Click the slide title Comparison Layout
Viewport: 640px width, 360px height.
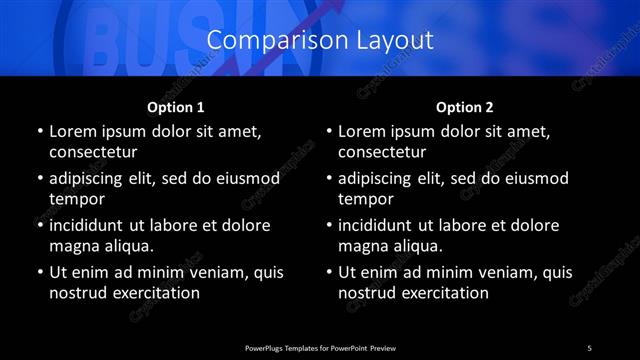point(320,40)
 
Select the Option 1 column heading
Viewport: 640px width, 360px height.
point(176,107)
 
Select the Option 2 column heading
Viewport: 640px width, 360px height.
point(465,107)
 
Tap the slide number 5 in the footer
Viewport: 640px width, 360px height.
point(589,347)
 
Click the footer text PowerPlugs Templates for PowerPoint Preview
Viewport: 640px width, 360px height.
point(319,347)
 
